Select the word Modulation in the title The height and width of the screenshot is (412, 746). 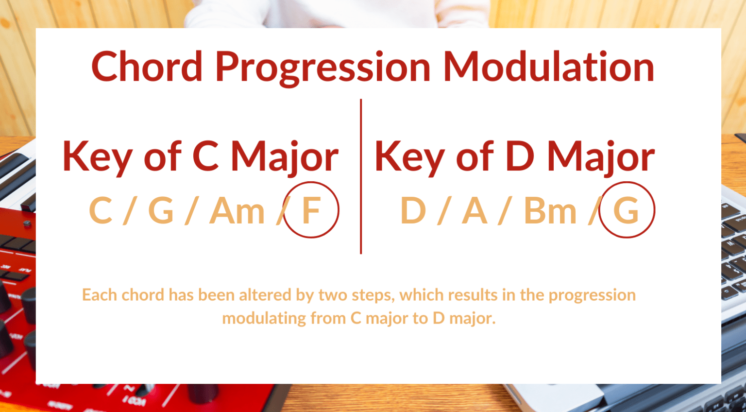pos(549,67)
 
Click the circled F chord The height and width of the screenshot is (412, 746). pos(311,210)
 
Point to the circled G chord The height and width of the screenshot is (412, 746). pos(626,210)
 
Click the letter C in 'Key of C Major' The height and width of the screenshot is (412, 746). pos(205,156)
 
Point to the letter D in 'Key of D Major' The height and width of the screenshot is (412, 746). pos(520,156)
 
